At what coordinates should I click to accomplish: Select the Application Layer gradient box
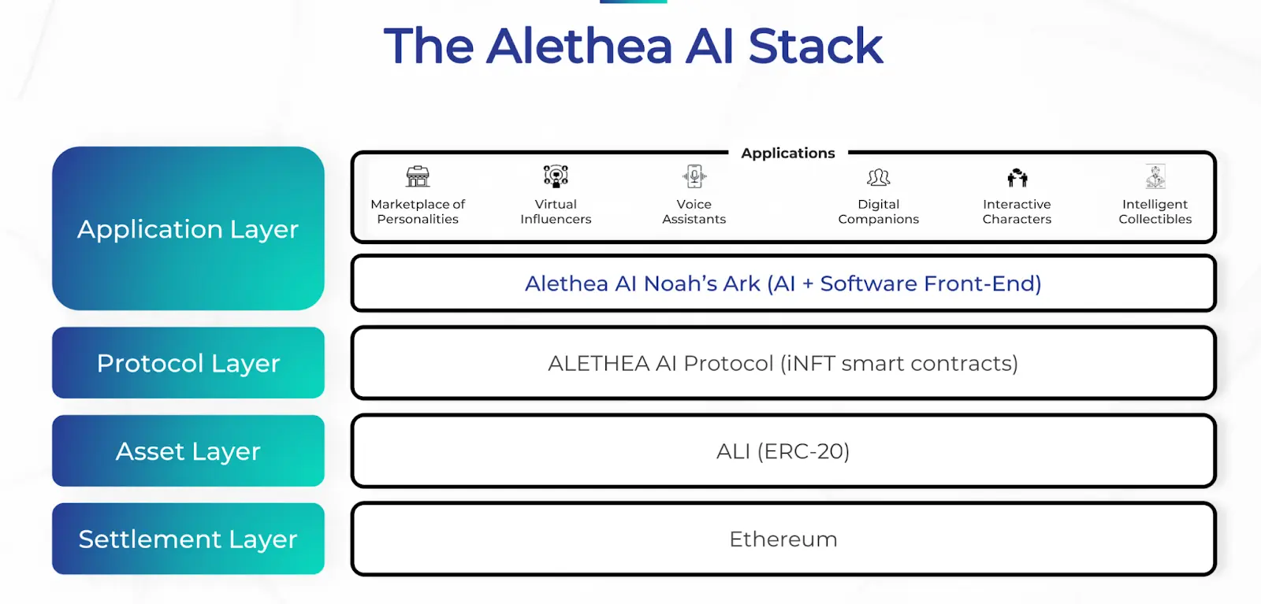188,228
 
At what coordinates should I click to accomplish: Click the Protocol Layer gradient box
188,363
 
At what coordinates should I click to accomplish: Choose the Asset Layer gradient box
188,451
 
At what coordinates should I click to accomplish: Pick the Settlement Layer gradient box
188,539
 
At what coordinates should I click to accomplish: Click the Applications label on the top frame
787,153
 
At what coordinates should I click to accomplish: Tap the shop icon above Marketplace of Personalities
418,176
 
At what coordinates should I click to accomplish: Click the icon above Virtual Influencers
556,176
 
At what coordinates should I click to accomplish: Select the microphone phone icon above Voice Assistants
694,176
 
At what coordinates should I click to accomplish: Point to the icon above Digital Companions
878,177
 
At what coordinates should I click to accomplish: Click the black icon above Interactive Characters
1017,177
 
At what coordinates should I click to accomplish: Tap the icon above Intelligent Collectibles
1155,176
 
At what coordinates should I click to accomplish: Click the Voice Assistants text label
694,212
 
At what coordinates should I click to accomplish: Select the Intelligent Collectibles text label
1155,212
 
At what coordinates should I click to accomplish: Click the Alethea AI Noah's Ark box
783,283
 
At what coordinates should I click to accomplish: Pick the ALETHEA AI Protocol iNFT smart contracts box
783,363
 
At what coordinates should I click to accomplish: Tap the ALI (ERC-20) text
783,451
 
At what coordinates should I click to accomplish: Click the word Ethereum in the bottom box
783,539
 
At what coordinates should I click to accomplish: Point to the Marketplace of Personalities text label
418,212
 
